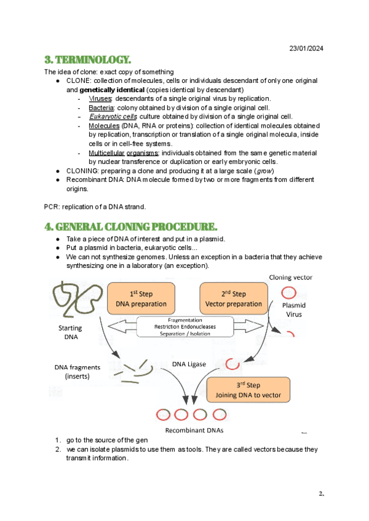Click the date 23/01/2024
tap(306, 49)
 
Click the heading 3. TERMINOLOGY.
tap(88, 60)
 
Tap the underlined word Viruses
tap(100, 99)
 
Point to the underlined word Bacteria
tap(101, 108)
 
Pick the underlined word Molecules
tap(104, 126)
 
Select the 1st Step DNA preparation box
tap(141, 297)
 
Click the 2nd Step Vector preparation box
tap(231, 297)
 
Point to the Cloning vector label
tap(290, 278)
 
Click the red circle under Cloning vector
tap(287, 292)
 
